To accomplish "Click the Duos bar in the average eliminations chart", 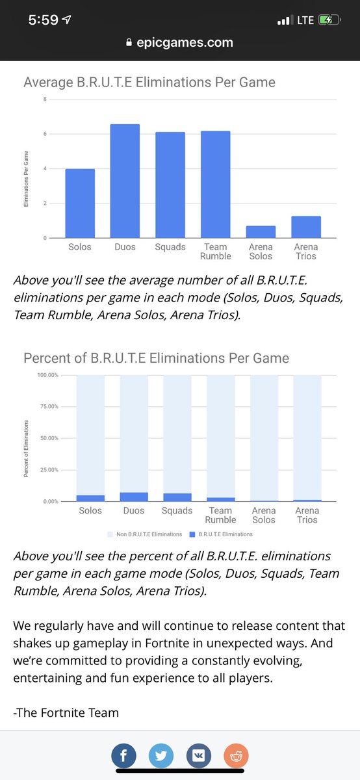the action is tap(125, 181).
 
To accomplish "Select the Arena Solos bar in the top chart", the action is tap(261, 232).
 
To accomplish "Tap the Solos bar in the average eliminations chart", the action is tap(80, 203).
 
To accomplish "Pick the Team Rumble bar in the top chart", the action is tap(216, 185).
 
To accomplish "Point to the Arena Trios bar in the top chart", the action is tap(306, 227).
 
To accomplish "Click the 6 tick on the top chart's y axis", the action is tap(45, 134).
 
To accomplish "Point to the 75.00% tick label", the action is tap(48, 406).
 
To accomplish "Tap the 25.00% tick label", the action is tap(48, 470).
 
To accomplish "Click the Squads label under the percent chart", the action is tap(177, 510).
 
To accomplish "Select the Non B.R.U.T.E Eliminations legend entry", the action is tap(145, 534).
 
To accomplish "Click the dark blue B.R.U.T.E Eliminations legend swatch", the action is tap(192, 534).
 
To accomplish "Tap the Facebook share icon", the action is tap(123, 755).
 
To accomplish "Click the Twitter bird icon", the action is tap(161, 755).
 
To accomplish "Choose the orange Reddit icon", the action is tap(236, 755).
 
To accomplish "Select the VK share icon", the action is tap(198, 755).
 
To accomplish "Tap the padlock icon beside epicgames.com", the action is tap(129, 42).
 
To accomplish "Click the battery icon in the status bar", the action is tap(329, 20).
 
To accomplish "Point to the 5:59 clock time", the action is tap(43, 20).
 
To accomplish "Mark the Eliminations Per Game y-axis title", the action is tap(26, 179).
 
